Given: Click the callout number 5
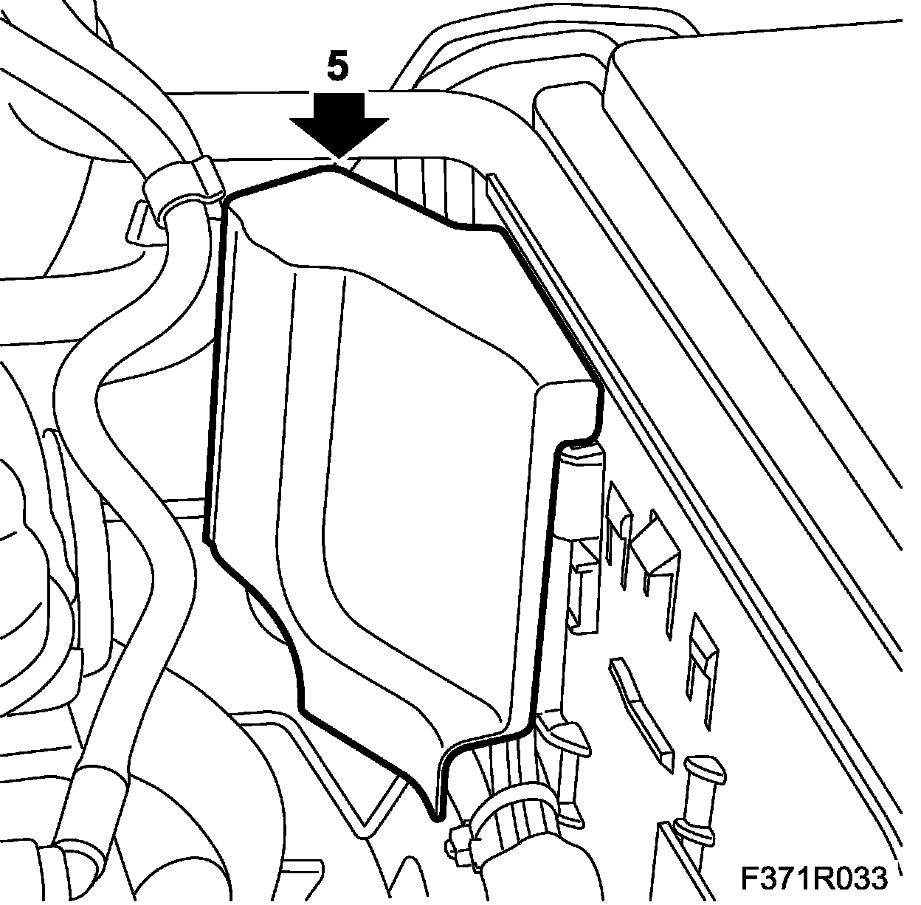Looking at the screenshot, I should (x=337, y=68).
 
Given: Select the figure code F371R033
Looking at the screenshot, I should (x=814, y=878).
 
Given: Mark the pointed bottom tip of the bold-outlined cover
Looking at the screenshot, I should (x=436, y=813).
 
